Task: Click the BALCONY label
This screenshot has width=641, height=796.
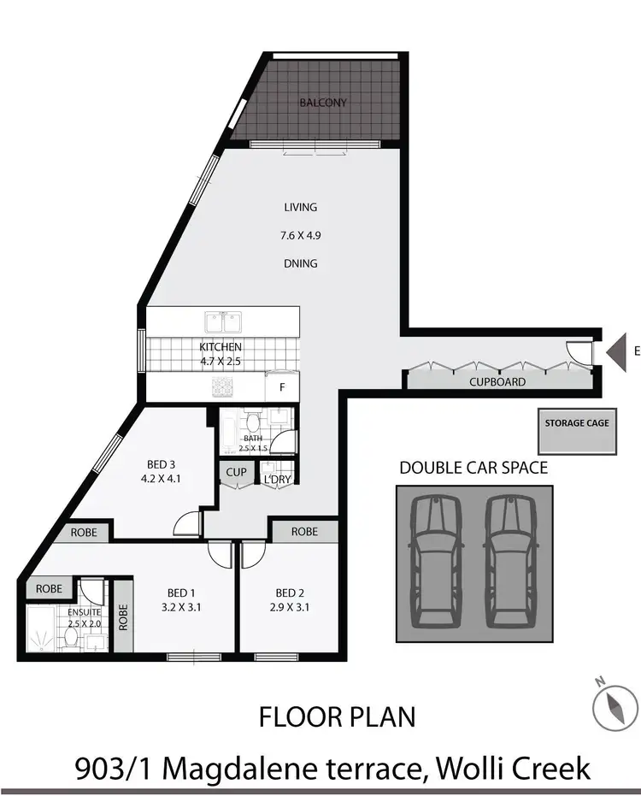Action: coord(324,103)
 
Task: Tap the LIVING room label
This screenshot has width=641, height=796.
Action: coord(301,207)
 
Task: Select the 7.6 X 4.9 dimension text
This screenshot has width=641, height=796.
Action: coord(301,234)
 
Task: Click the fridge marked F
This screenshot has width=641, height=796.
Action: coord(282,386)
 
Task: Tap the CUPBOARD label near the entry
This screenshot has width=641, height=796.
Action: coord(497,382)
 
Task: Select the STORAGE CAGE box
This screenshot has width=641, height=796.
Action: coord(579,433)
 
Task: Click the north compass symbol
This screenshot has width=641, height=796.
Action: coord(615,705)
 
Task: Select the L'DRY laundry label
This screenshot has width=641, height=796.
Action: coord(276,479)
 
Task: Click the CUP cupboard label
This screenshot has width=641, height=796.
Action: coord(235,473)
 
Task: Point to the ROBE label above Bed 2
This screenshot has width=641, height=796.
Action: coord(304,532)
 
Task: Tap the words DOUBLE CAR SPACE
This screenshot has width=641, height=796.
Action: coord(473,468)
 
